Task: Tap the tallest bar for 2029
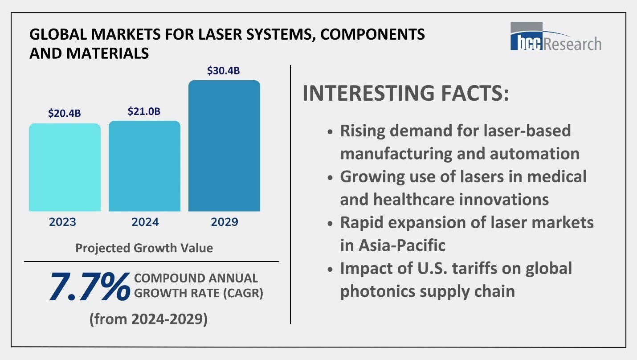click(x=224, y=146)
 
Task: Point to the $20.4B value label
click(x=65, y=113)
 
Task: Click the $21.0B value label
click(x=144, y=111)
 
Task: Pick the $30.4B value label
click(x=224, y=71)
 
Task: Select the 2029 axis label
click(x=224, y=222)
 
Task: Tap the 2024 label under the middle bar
click(x=144, y=222)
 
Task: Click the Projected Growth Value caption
click(x=144, y=248)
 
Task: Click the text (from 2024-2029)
click(x=148, y=319)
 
